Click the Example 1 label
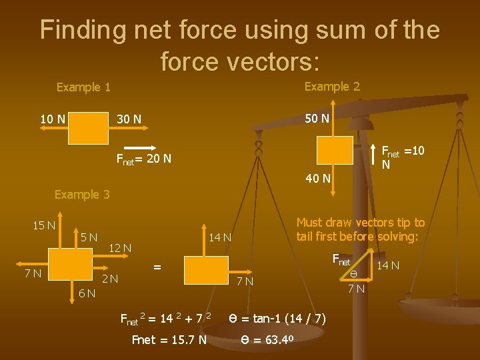(83, 87)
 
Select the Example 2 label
(332, 87)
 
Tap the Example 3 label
(82, 195)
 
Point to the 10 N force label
(53, 119)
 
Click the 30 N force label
(129, 119)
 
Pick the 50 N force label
(317, 119)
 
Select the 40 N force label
(317, 178)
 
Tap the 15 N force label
(44, 225)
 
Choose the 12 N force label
(120, 249)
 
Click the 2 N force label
(109, 279)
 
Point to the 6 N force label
(86, 293)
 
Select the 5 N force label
(89, 237)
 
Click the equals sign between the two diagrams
(157, 267)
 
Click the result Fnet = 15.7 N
(169, 341)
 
